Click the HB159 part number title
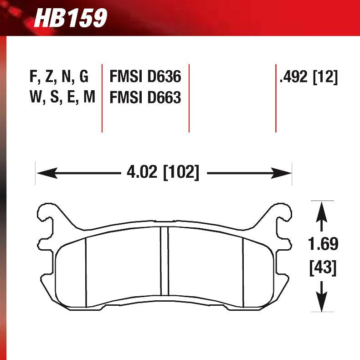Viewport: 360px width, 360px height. tap(71, 18)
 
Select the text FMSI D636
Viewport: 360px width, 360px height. tap(145, 77)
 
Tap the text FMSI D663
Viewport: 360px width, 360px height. tap(145, 98)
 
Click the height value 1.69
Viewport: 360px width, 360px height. tap(323, 244)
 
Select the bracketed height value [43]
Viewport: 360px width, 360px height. tap(323, 268)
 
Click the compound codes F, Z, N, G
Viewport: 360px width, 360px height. tap(59, 77)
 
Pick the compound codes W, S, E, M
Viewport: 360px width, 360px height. tap(62, 98)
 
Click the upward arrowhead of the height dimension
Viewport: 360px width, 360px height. tap(322, 210)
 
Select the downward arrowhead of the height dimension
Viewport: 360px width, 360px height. tap(322, 302)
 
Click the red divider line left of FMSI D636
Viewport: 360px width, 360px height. tap(102, 98)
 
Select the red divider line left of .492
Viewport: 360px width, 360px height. tap(276, 98)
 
